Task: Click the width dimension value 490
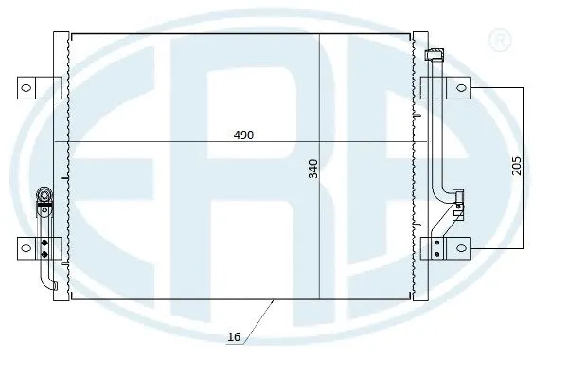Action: click(244, 135)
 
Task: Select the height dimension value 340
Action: click(311, 169)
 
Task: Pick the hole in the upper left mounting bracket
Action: click(26, 87)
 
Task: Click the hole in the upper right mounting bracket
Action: click(462, 88)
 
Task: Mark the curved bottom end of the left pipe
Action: click(47, 287)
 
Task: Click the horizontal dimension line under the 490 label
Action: click(142, 142)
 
